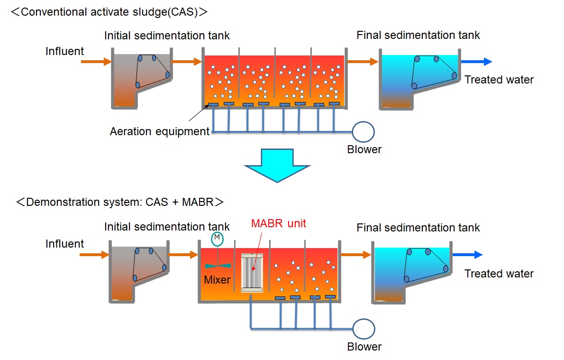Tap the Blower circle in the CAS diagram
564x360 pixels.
[x=363, y=132]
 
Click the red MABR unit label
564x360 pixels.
[x=279, y=223]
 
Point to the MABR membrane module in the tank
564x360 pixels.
[x=252, y=272]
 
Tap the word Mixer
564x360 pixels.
[x=217, y=280]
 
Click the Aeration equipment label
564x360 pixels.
[x=159, y=131]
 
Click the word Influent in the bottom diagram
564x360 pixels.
[x=64, y=244]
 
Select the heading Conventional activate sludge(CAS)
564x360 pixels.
[x=109, y=12]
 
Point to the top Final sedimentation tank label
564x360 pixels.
[x=418, y=35]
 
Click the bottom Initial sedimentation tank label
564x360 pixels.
[x=167, y=227]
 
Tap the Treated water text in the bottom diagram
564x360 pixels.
[x=499, y=274]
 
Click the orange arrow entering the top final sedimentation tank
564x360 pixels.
[x=362, y=61]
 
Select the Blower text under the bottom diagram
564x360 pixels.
[x=364, y=347]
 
